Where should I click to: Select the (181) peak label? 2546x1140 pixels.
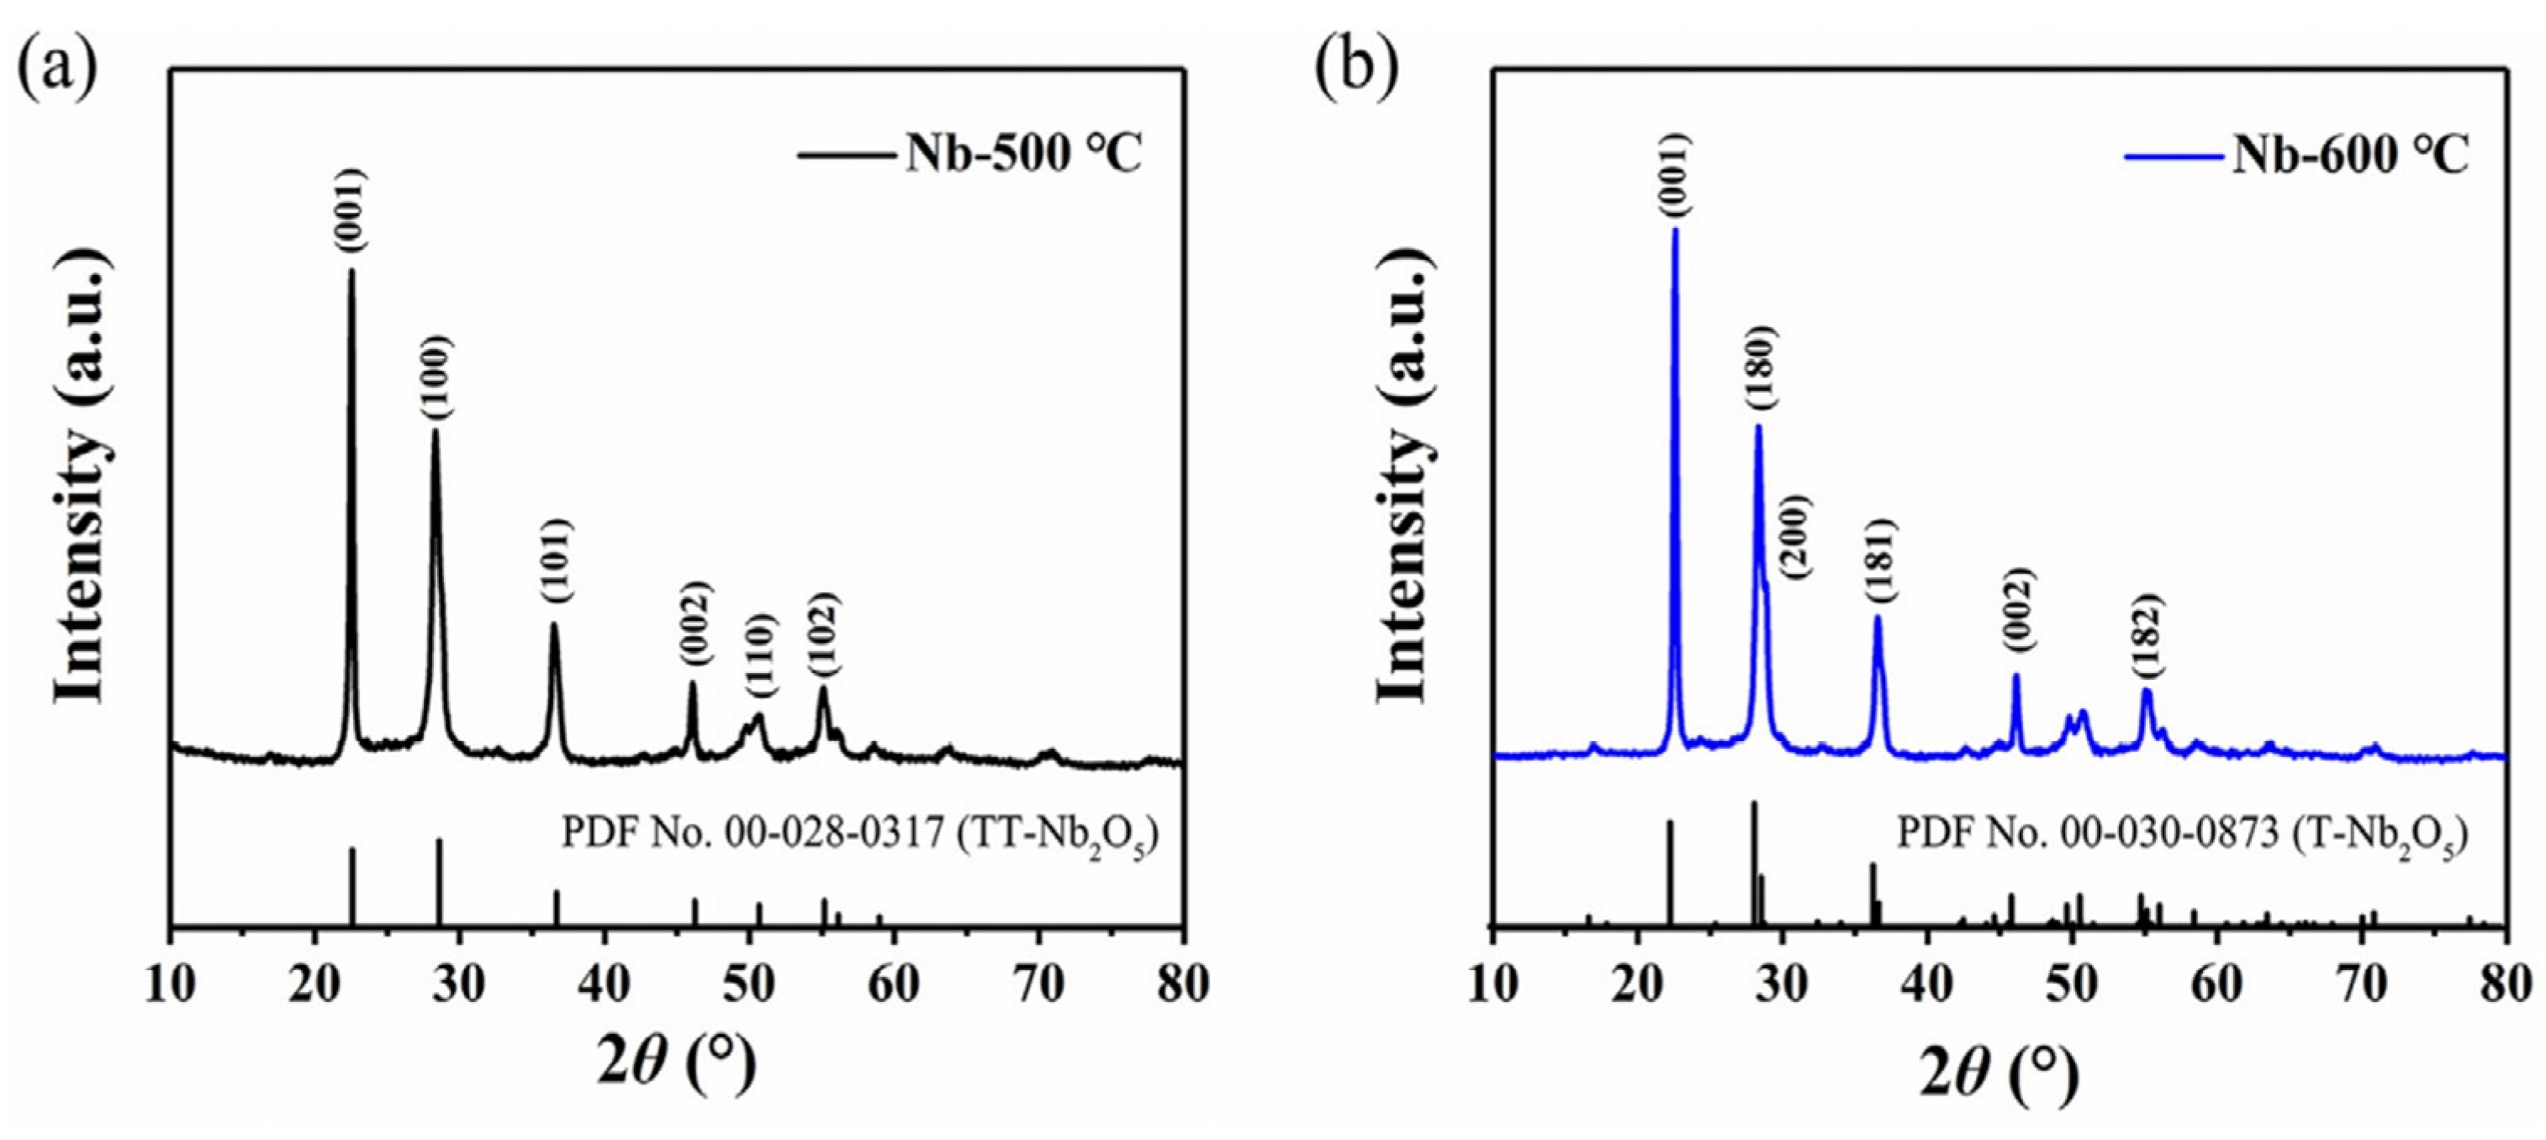click(x=1880, y=562)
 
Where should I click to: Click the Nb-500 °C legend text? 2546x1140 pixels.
click(x=1023, y=153)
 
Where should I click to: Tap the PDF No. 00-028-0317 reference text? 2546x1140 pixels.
click(x=858, y=835)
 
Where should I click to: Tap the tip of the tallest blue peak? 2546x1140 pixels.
click(x=1675, y=230)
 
